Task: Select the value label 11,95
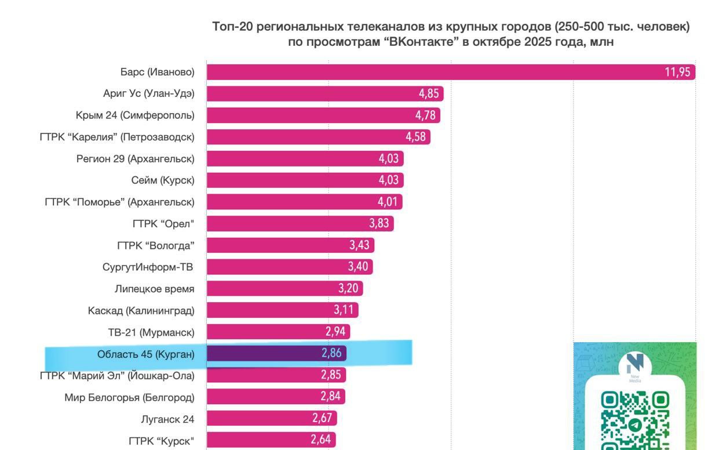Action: coord(677,72)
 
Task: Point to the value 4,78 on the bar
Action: coord(425,115)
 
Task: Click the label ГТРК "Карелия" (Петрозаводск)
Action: coord(117,137)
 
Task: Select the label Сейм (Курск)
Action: coord(163,180)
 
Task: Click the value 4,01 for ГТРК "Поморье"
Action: coord(388,202)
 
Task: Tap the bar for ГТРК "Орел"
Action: coord(290,223)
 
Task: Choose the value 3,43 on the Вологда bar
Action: coord(359,245)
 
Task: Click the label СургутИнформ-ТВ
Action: coord(147,267)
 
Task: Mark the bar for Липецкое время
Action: coord(272,288)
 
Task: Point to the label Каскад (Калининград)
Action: coord(141,310)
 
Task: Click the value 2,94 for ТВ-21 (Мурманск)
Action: coord(335,332)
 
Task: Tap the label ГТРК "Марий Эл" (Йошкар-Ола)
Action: coord(117,375)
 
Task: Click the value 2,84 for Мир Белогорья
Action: coord(331,397)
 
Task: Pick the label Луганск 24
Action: coord(167,419)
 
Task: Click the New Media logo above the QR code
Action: coord(635,366)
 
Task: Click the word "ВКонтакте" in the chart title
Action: coord(417,42)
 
